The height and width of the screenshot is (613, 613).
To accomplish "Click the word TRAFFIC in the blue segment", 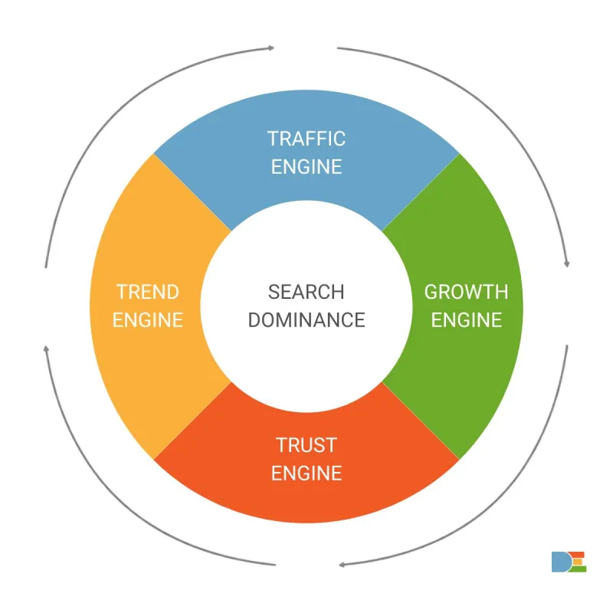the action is click(x=306, y=139).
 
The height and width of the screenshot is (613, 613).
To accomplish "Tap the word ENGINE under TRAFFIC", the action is click(x=306, y=167).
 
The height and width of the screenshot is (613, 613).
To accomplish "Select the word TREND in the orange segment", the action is click(x=148, y=292).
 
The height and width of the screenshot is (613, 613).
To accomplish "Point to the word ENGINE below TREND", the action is click(x=148, y=320).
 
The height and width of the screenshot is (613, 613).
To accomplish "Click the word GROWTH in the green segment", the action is click(x=467, y=292).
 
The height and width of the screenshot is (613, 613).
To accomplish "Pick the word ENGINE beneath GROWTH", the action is click(x=467, y=320).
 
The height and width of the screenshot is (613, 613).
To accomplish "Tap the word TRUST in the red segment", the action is click(x=306, y=445).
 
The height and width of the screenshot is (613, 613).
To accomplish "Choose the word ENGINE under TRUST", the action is click(x=306, y=474).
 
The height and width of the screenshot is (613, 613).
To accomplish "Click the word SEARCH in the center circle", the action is click(x=306, y=292).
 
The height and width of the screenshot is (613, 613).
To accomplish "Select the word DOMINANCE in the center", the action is click(x=306, y=320).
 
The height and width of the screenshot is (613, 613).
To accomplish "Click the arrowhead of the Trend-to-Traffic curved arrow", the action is click(x=271, y=48).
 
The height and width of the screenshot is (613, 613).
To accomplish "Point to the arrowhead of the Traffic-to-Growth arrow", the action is click(x=567, y=264).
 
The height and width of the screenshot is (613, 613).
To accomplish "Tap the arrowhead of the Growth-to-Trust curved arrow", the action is click(x=342, y=565).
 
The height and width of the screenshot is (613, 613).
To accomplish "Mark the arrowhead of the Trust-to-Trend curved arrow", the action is click(x=46, y=349).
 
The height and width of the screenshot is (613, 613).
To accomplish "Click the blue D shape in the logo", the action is click(x=560, y=562).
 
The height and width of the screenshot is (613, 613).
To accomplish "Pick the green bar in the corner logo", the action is click(x=578, y=569).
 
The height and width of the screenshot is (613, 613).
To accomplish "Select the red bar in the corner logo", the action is click(x=576, y=555).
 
